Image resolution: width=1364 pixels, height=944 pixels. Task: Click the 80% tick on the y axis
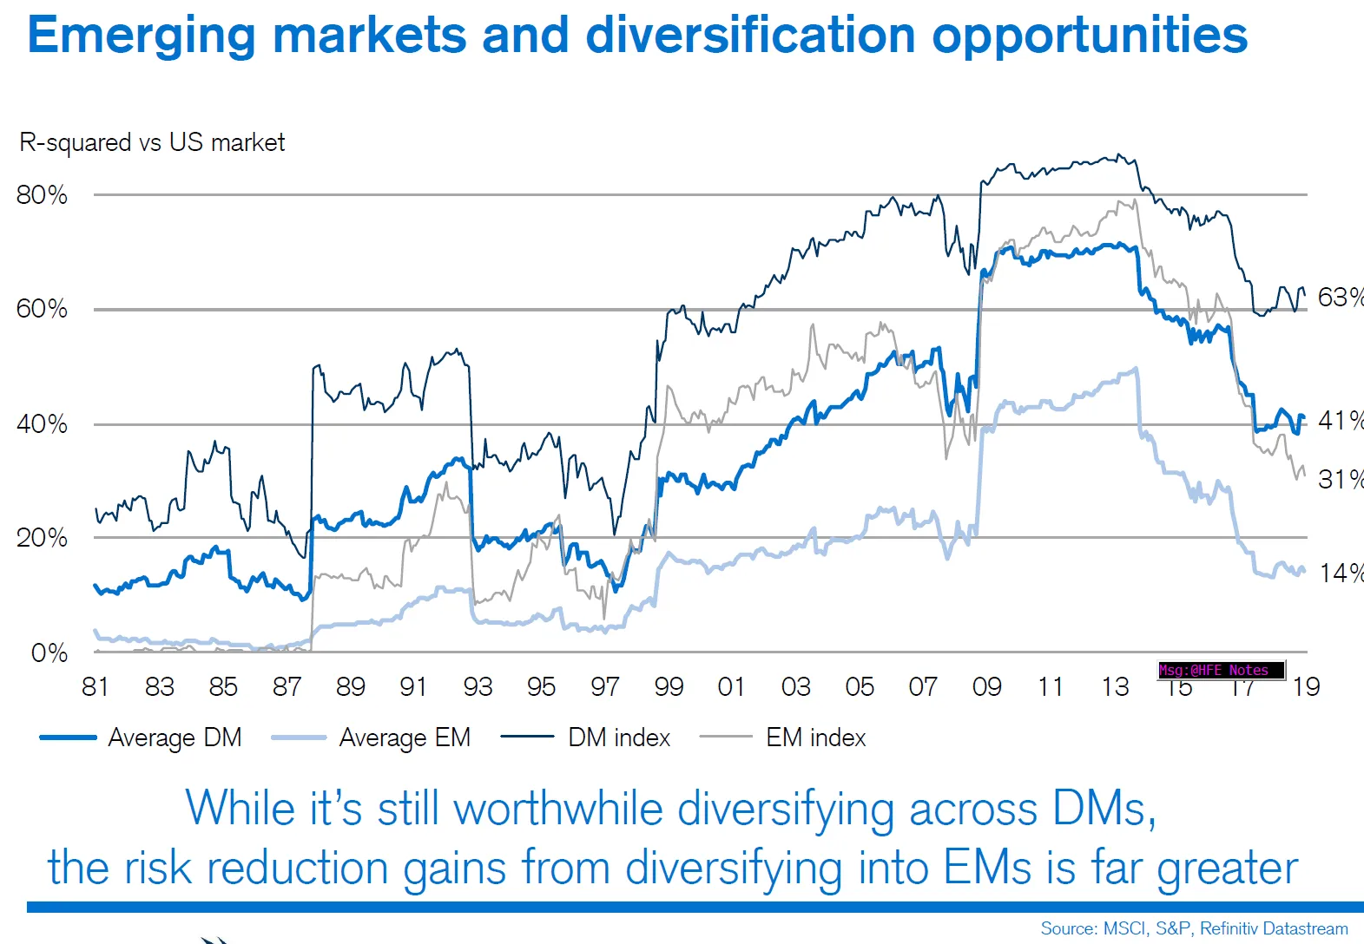[42, 194]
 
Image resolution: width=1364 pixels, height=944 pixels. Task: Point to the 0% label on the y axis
[49, 652]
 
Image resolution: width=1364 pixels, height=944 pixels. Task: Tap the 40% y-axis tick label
[42, 424]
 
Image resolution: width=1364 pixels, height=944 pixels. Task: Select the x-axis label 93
[478, 687]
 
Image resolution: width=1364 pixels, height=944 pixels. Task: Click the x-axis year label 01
[731, 687]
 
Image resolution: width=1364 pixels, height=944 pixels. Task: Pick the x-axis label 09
[986, 687]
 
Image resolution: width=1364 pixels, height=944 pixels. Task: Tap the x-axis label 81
[96, 687]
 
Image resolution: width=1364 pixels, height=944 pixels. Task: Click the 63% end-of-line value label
[1340, 298]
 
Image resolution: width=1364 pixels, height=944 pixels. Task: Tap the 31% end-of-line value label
[1340, 479]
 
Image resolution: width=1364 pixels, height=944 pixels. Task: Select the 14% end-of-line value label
[1340, 573]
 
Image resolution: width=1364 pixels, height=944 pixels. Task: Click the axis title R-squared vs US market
[152, 142]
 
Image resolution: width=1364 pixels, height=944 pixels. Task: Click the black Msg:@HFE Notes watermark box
[1221, 670]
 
